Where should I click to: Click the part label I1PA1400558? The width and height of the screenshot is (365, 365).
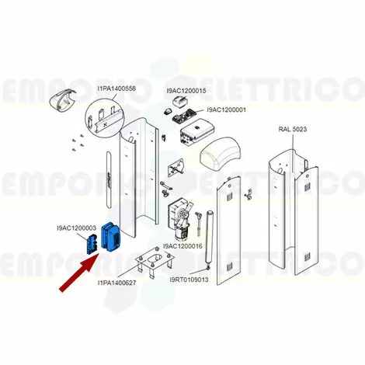coord(116,89)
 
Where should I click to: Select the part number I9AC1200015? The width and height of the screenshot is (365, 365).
coord(186,91)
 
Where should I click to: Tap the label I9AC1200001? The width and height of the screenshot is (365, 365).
coord(227,109)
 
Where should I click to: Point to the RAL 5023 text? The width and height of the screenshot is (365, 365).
coord(293,129)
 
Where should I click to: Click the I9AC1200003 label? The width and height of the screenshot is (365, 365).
coord(77,228)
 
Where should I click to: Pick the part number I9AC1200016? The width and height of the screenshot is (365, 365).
coord(182,246)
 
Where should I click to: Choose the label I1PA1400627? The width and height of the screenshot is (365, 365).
coord(116,283)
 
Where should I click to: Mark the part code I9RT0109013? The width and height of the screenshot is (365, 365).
coord(189,280)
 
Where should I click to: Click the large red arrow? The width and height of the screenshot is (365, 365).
coord(79,273)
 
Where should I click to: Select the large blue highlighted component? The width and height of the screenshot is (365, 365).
coord(110,237)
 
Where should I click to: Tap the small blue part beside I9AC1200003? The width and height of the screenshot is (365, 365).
coord(91,244)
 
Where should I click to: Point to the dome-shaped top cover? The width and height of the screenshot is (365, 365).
coord(221,152)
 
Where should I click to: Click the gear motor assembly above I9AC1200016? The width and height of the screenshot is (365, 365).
coord(181,220)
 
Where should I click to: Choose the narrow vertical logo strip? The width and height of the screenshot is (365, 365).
coord(109,179)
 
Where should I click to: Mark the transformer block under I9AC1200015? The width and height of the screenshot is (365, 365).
coord(179,101)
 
